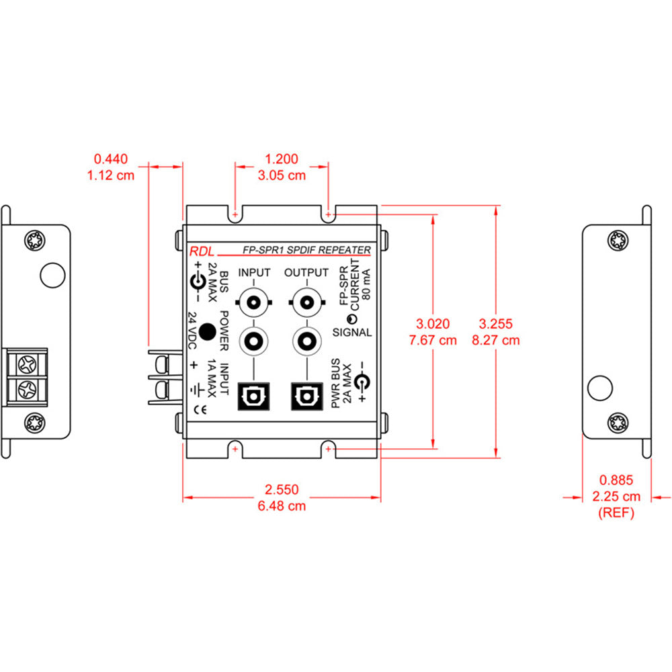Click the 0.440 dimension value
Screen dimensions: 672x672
(x=110, y=159)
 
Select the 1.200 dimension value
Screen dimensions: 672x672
(x=282, y=159)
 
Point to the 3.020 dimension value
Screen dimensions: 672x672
(x=433, y=323)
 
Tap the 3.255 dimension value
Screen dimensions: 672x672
(x=496, y=323)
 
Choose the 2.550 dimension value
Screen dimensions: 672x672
(x=282, y=490)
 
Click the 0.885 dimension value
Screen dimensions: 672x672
(x=616, y=480)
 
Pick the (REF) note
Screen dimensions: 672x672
(x=616, y=513)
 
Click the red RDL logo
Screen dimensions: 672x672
(x=200, y=251)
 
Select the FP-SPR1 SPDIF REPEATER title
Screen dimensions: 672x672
(x=306, y=250)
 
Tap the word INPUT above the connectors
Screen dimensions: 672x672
(x=254, y=272)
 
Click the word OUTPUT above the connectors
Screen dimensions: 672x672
(x=306, y=272)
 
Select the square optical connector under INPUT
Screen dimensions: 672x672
(x=254, y=396)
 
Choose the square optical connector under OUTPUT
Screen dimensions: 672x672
(x=306, y=396)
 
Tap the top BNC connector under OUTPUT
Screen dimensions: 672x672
(x=306, y=302)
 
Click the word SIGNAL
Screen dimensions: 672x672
(x=352, y=332)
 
